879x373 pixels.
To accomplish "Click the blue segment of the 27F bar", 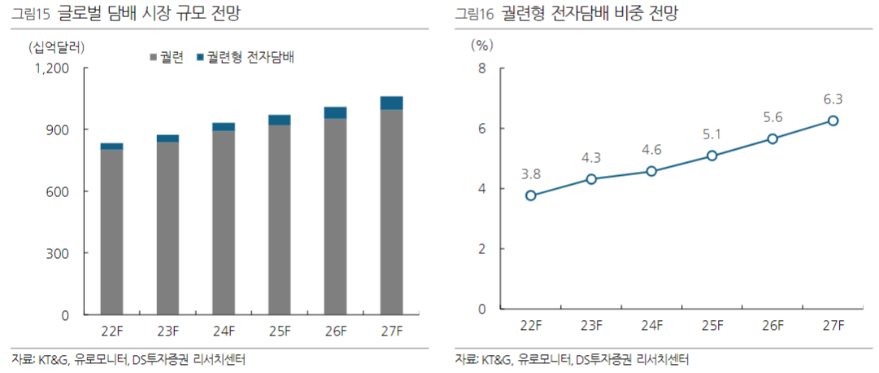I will pos(391,103).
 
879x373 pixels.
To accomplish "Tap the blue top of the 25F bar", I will pos(280,120).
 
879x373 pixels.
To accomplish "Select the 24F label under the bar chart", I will pos(224,331).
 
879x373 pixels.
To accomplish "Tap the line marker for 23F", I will pos(591,179).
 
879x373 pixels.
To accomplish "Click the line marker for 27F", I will pos(833,121).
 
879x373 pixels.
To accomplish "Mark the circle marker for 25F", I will pos(711,156).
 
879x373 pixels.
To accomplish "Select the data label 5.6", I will pos(772,117).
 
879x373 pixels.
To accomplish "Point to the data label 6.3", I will pos(833,99).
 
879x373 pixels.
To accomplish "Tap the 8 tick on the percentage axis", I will pos(481,68).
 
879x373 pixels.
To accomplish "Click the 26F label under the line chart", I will pos(772,326).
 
